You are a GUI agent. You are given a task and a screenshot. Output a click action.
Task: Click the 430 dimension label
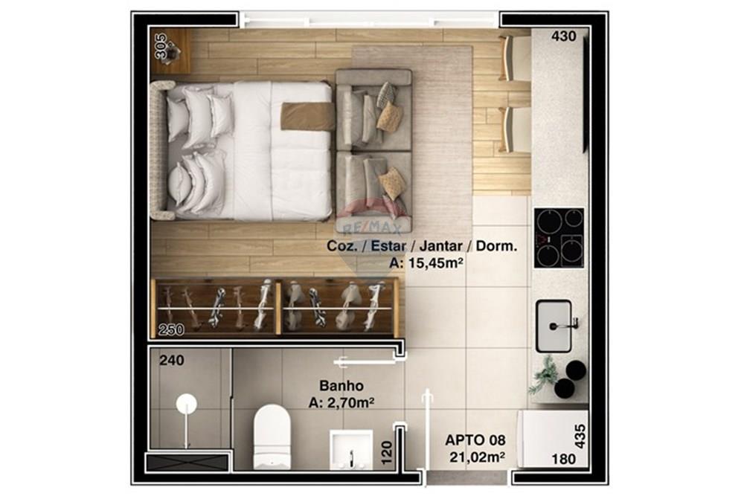coord(564,36)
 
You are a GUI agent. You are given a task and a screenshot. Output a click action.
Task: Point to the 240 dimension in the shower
coord(172,361)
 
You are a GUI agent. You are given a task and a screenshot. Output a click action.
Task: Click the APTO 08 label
coord(475,440)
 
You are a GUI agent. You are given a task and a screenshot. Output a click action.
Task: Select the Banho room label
coord(341,386)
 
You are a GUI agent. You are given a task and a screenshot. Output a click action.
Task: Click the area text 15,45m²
coord(427,262)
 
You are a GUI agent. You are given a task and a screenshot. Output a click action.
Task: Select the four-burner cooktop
coord(559,237)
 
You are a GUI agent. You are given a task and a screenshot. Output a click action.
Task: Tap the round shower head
coord(186,405)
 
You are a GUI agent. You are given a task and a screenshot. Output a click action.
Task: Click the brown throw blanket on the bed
coord(307,117)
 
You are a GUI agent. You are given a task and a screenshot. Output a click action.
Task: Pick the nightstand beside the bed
coord(171,51)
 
